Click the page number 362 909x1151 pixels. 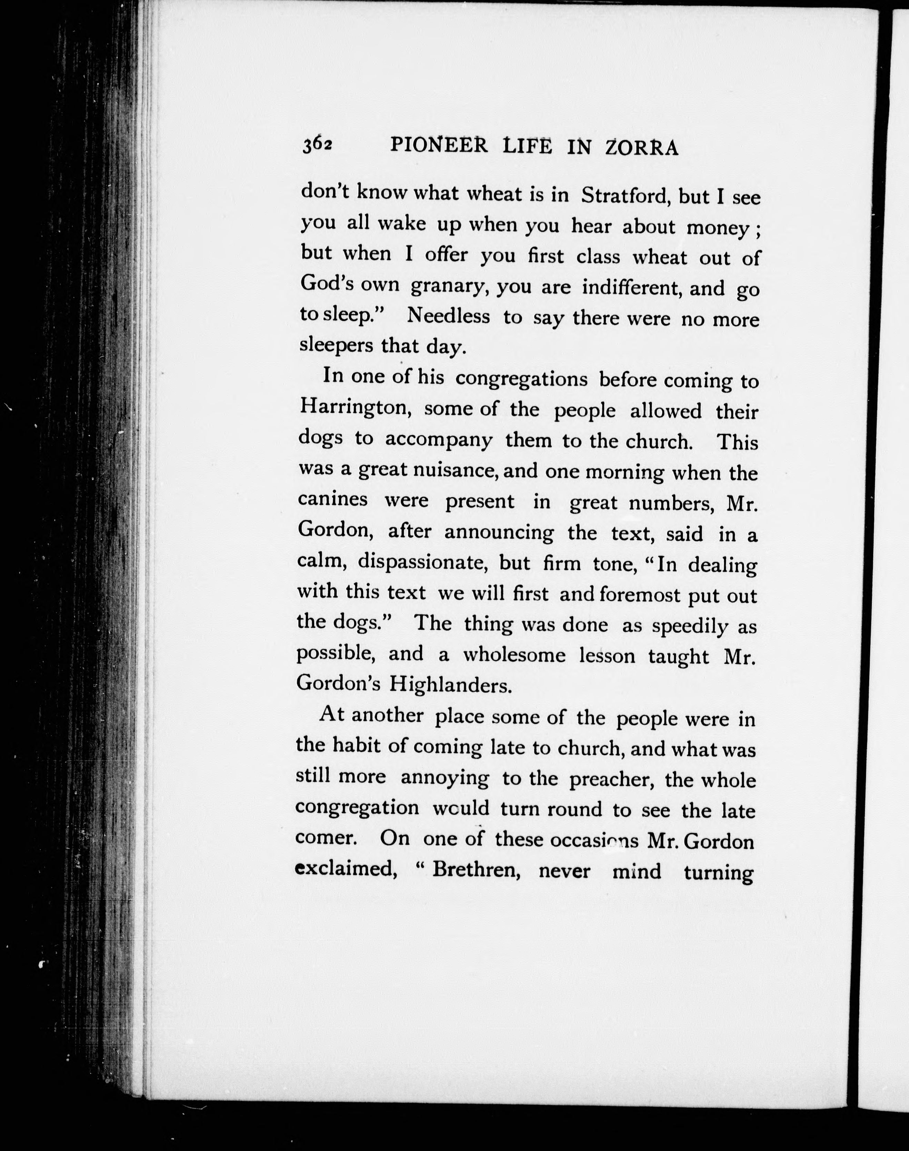coord(317,145)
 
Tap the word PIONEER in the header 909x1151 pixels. coord(439,145)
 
